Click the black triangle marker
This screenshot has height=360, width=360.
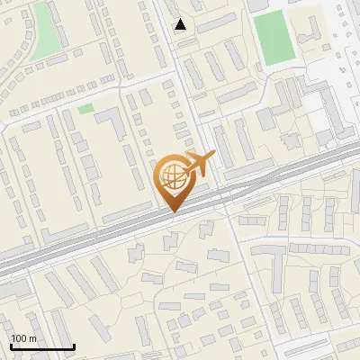pos(181,24)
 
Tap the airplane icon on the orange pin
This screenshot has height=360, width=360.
pos(197,165)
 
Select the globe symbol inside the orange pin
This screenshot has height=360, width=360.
pos(174,180)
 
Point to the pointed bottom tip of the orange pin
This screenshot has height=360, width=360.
pos(174,212)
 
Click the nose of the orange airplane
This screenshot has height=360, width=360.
pos(213,156)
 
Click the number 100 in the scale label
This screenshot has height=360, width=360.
pos(19,338)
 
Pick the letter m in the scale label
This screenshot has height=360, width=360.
pos(31,338)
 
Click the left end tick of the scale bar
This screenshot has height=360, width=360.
pos(10,346)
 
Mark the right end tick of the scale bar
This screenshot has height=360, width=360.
pos(74,346)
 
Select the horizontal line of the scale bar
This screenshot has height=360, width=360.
pos(41,347)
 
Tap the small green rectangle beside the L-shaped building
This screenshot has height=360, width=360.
pos(85,109)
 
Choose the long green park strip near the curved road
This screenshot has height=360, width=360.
pos(43,31)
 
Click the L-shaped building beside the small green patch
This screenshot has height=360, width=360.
pos(109,127)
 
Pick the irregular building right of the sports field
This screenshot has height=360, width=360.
pos(310,27)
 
